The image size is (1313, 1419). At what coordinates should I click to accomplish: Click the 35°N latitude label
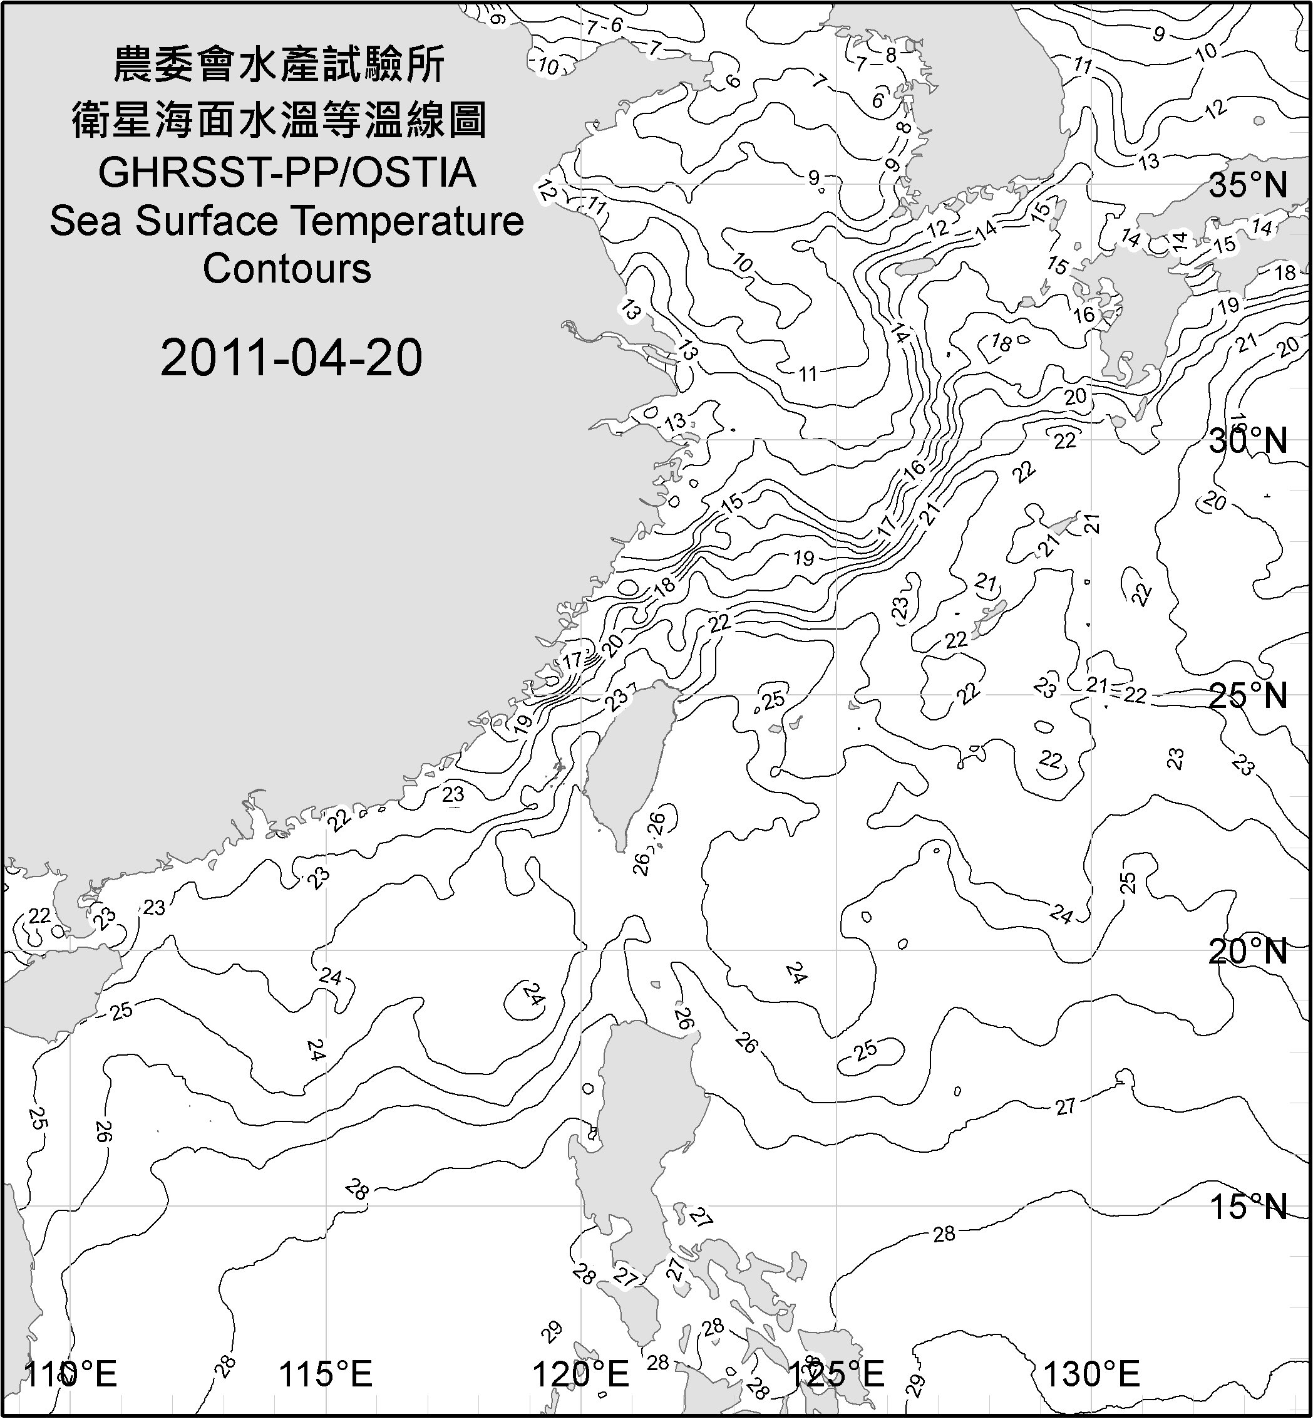tap(1249, 185)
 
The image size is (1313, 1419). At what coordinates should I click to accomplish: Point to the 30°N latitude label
tap(1249, 442)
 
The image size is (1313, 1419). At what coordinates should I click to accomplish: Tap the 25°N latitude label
tap(1249, 695)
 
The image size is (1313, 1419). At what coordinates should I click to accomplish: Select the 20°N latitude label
tap(1249, 951)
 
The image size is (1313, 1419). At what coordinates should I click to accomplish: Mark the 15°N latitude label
tap(1249, 1207)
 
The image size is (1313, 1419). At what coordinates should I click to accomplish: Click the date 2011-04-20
tap(291, 358)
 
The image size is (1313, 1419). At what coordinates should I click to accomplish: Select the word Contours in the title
tap(287, 269)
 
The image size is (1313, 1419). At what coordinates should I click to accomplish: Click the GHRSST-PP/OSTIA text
tap(287, 172)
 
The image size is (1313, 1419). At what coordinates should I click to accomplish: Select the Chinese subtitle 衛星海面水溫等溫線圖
tap(279, 120)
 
